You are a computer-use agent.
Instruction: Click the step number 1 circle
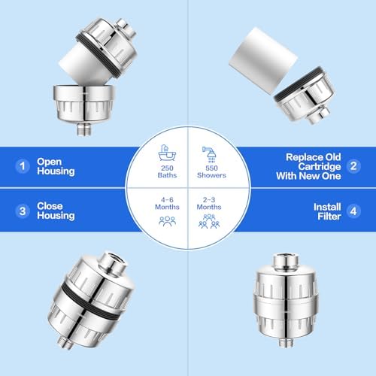23,166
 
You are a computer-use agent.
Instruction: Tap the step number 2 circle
353,166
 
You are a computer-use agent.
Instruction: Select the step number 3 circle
23,211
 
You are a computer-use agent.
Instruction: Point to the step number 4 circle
353,211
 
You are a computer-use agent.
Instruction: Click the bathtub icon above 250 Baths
167,153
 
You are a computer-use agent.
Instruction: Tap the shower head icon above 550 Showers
210,154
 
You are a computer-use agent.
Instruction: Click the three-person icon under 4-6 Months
167,221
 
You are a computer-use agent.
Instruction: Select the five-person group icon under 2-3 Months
209,221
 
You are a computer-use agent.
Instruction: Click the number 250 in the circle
167,168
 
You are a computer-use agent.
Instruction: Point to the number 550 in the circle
211,168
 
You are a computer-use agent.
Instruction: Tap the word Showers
211,175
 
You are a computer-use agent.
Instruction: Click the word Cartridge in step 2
320,167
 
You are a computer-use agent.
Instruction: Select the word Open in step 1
49,162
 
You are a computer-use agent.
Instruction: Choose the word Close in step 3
50,206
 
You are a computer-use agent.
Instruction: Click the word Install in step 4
327,207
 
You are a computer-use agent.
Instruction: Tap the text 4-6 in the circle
167,200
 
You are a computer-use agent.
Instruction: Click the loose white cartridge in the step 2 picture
263,61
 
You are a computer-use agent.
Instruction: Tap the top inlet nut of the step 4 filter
286,260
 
